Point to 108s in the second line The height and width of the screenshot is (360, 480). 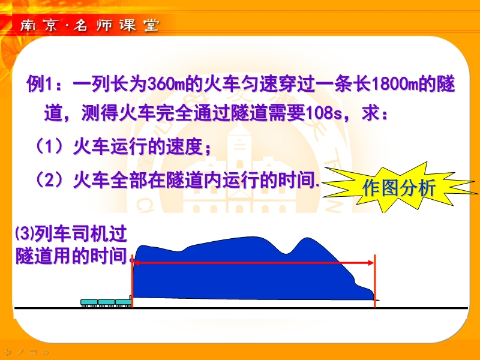pos(323,113)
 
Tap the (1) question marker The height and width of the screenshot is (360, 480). pos(49,146)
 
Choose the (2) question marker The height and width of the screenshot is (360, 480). pos(49,179)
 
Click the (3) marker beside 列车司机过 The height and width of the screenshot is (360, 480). pos(24,233)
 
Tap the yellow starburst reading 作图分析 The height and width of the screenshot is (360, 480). pos(399,187)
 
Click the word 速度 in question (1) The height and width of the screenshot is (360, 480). pos(184,146)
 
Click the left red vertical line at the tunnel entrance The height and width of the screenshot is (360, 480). pos(132,281)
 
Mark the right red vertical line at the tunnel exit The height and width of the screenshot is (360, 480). pos(374,281)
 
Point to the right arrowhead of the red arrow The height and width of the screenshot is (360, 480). pos(371,263)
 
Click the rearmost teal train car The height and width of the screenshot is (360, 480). pos(89,303)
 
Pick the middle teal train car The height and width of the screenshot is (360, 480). pos(106,303)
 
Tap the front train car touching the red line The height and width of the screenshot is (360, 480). pos(124,302)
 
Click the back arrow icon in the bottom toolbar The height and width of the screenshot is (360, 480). pos(8,352)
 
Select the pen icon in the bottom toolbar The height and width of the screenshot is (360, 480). pos(20,352)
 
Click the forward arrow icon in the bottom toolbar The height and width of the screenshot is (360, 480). pos(46,352)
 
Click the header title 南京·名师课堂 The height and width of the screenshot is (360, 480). pos(89,25)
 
